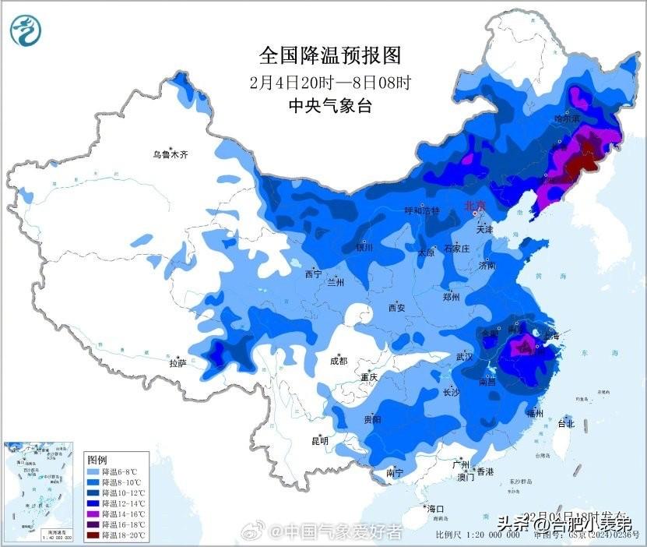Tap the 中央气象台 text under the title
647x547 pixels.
pos(329,106)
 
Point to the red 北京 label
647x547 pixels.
pos(474,206)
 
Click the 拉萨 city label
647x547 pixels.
pos(178,362)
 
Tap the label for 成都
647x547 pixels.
pos(338,361)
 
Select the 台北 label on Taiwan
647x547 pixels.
pos(566,424)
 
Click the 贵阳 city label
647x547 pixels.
pos(372,419)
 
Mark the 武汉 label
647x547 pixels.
pos(465,357)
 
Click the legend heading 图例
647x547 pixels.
pos(97,460)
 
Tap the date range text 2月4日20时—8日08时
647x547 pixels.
pos(329,81)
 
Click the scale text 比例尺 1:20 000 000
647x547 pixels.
pos(477,535)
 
